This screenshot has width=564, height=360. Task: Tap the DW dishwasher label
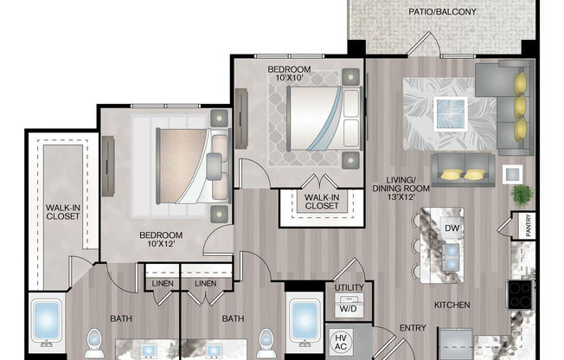coord(452,228)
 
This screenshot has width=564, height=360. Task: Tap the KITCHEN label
coord(452,305)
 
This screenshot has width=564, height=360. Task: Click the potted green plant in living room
coord(522,196)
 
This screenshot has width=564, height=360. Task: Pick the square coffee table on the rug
coord(450,111)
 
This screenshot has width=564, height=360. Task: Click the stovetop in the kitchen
coord(521,295)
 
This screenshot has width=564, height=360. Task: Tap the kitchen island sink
coord(451,254)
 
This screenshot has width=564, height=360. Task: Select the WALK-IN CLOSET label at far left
coord(62,210)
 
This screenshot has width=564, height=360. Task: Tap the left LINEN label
coord(162,284)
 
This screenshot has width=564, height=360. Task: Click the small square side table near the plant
coord(513,173)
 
